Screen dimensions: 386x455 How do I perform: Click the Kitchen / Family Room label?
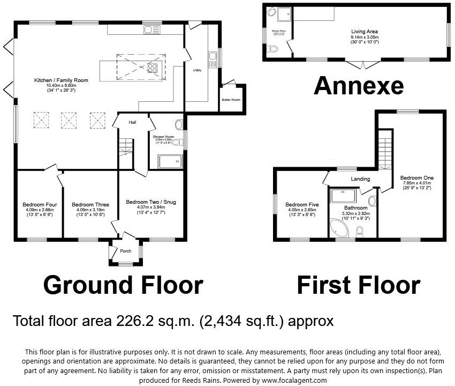(x=61, y=80)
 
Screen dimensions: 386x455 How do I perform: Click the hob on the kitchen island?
(x=151, y=68)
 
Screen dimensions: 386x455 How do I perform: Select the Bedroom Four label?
(x=36, y=204)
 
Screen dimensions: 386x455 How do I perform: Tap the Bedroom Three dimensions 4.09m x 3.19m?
(x=90, y=210)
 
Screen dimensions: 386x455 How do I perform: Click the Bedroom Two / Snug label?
(x=150, y=202)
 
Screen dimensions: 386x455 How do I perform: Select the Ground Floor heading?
(x=123, y=285)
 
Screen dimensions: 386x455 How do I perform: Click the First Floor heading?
(x=358, y=285)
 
